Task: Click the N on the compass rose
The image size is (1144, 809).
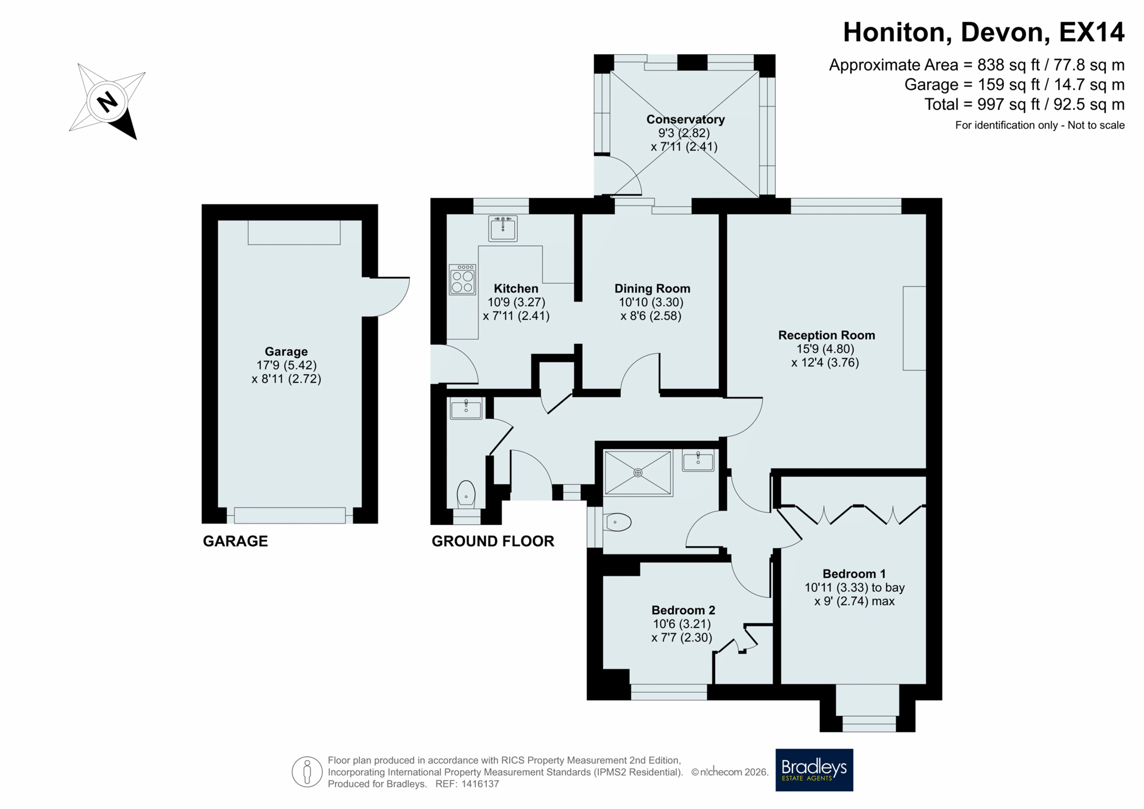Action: click(107, 102)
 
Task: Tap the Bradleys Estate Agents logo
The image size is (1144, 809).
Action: click(814, 770)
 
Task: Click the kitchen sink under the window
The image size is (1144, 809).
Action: click(503, 228)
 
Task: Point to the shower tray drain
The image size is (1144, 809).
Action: click(638, 472)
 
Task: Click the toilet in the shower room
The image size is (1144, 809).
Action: click(617, 522)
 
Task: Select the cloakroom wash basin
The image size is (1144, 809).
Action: click(466, 408)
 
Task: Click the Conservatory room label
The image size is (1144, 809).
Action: click(685, 119)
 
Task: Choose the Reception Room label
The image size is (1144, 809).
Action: click(826, 335)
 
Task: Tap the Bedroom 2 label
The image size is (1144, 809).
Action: click(683, 610)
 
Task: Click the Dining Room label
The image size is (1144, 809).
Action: click(652, 288)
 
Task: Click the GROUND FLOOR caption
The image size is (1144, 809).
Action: click(493, 541)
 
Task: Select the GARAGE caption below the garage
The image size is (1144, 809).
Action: click(235, 541)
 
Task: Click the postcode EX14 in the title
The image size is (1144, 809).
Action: click(1092, 32)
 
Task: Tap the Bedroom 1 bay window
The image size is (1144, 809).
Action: click(868, 709)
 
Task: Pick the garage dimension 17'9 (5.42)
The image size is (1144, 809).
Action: click(287, 365)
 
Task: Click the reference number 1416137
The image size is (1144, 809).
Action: click(479, 784)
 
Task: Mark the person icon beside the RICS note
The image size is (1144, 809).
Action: click(307, 772)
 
